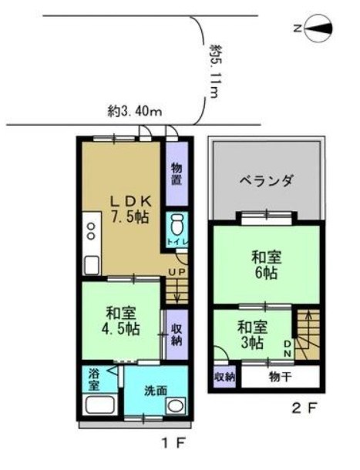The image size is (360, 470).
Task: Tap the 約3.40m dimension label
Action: [134, 112]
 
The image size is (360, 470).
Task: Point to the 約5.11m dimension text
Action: [214, 71]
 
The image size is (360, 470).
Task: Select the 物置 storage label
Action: [177, 175]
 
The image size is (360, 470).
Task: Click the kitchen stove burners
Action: [90, 231]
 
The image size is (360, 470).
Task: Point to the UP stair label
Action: [177, 273]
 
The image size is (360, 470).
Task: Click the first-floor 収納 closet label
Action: [177, 328]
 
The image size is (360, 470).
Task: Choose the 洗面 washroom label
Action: [155, 390]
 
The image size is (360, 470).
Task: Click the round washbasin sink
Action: [177, 407]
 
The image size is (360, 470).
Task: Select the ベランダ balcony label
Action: [266, 183]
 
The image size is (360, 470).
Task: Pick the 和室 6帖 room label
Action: [266, 264]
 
